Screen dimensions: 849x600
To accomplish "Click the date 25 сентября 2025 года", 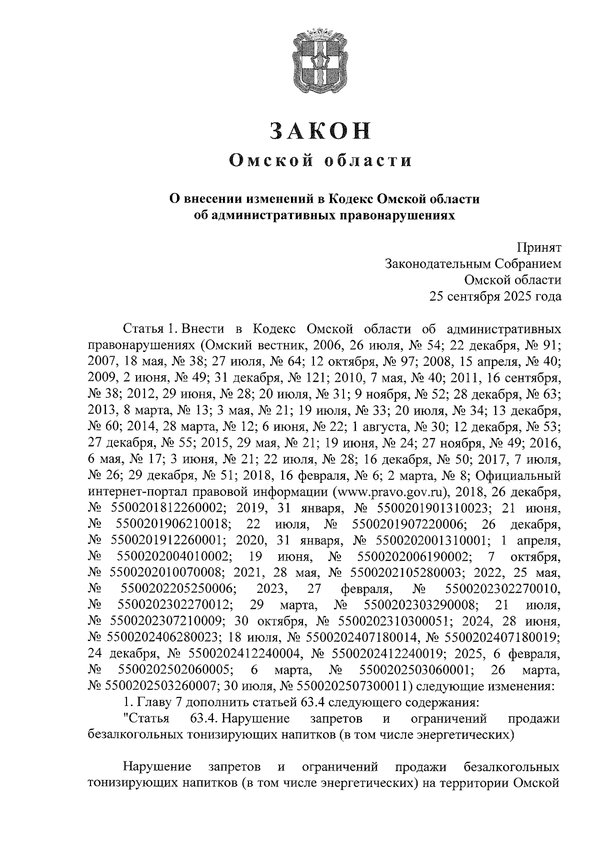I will click(x=495, y=297).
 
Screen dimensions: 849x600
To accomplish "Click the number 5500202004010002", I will click(x=173, y=557).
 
